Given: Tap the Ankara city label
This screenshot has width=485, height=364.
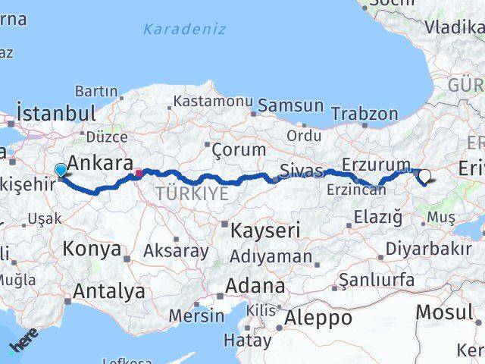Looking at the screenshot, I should pyautogui.click(x=101, y=162).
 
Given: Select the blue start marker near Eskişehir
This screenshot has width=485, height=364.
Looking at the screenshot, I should pyautogui.click(x=61, y=171).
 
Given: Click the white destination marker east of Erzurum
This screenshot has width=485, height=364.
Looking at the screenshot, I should pyautogui.click(x=424, y=176).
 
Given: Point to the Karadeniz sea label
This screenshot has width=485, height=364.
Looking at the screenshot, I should pyautogui.click(x=185, y=30).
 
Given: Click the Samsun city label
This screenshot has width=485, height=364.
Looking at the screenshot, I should pyautogui.click(x=290, y=106).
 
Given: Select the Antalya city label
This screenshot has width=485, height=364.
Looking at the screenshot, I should pyautogui.click(x=111, y=290).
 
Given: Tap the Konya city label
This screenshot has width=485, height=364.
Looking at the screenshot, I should pyautogui.click(x=92, y=248).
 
